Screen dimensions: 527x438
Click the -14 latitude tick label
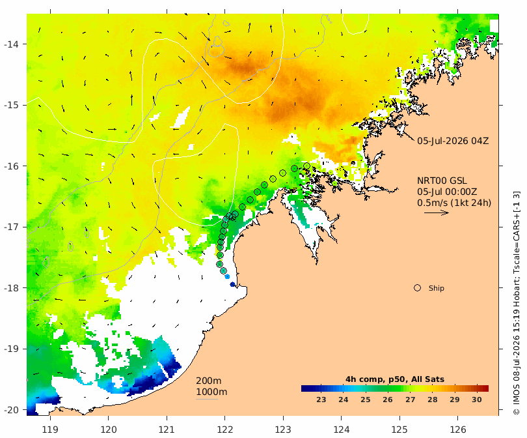click(11, 44)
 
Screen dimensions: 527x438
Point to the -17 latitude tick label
click(11, 227)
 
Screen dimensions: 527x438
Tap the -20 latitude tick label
click(11, 410)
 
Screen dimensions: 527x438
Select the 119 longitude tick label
click(50, 430)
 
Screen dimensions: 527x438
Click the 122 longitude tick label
click(225, 430)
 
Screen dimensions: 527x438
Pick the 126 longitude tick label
click(458, 430)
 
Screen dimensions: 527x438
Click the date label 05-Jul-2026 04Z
click(453, 141)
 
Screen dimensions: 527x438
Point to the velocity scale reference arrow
click(437, 212)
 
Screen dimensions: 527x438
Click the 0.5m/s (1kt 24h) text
click(454, 203)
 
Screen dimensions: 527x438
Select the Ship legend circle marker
click(418, 288)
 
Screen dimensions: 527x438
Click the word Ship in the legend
click(437, 288)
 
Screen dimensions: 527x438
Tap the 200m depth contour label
click(209, 381)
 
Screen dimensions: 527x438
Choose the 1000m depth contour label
click(211, 392)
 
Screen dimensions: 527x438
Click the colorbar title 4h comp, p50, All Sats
click(395, 379)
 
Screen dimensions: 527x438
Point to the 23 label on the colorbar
click(321, 400)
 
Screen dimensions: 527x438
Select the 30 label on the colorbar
click(477, 400)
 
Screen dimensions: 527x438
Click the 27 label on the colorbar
click(410, 400)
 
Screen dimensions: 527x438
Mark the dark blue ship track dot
click(232, 284)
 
